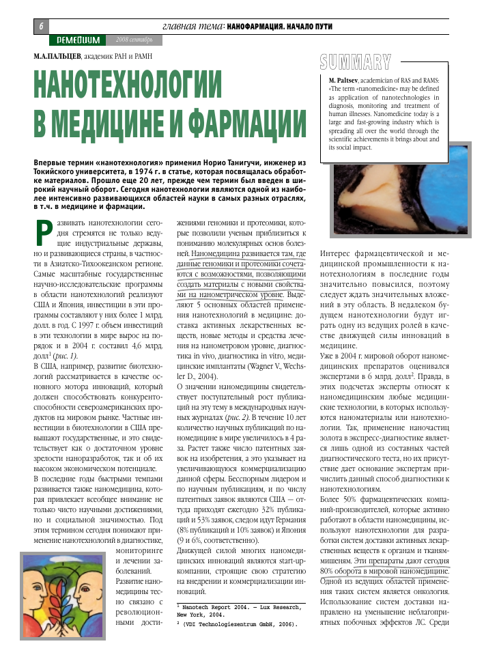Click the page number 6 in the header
[41, 25]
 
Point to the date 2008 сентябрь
[134, 40]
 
